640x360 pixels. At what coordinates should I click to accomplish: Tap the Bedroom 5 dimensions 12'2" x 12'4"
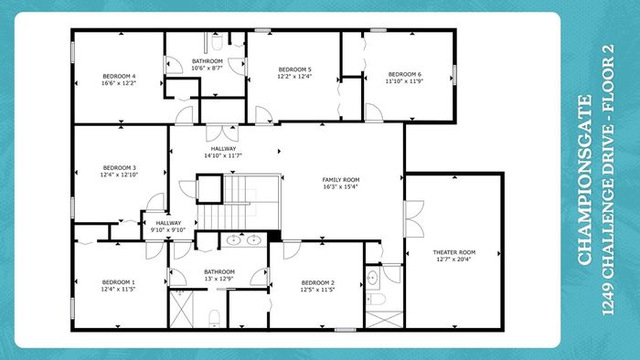[294, 76]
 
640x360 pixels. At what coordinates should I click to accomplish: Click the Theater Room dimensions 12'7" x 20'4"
[453, 259]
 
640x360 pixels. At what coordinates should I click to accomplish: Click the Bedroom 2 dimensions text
[318, 290]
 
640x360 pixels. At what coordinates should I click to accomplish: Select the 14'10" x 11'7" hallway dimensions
[223, 155]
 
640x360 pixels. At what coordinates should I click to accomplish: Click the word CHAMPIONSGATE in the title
[585, 180]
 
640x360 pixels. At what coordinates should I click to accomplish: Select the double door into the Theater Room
[414, 219]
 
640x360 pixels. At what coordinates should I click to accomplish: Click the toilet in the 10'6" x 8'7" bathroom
[218, 42]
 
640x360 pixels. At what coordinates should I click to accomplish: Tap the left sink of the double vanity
[233, 239]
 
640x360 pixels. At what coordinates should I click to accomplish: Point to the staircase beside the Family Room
[239, 202]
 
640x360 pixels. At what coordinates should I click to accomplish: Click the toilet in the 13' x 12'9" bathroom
[214, 319]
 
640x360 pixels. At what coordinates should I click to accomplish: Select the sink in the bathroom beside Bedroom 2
[372, 279]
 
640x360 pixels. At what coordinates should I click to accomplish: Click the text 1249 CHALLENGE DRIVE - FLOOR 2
[608, 180]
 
